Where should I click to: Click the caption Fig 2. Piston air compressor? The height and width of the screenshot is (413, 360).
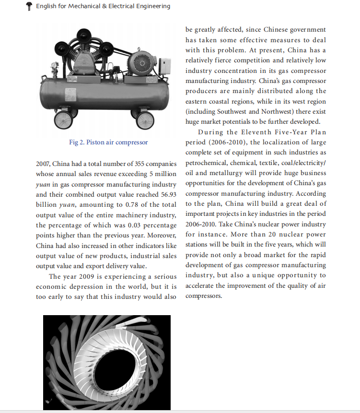[108, 142]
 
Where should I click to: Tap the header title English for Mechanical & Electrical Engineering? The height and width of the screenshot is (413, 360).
[103, 6]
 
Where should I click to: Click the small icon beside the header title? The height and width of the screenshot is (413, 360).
[29, 6]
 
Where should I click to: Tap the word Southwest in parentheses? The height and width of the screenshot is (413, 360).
[230, 112]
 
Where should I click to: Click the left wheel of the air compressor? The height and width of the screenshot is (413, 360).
[61, 119]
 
